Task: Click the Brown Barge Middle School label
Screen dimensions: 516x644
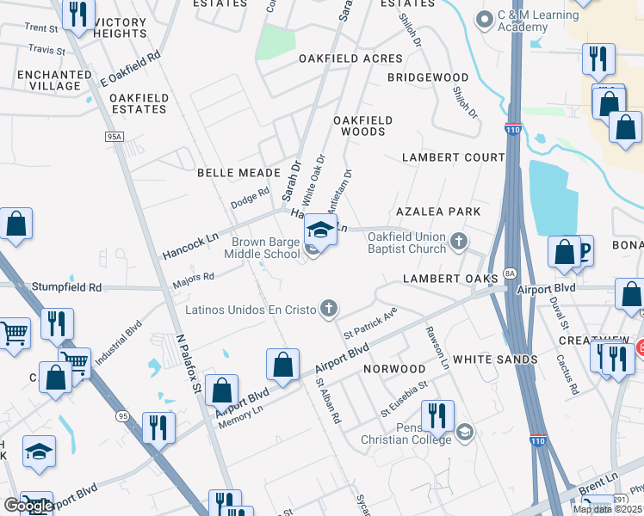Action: pyautogui.click(x=262, y=248)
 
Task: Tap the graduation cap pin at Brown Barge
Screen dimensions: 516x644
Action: pyautogui.click(x=320, y=230)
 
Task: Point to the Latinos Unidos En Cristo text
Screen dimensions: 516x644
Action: pyautogui.click(x=251, y=309)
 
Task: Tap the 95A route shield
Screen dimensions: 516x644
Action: pyautogui.click(x=115, y=137)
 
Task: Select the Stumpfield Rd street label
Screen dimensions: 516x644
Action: pyautogui.click(x=67, y=286)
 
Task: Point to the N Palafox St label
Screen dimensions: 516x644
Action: pyautogui.click(x=189, y=365)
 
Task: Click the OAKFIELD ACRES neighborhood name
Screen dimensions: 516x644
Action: pyautogui.click(x=350, y=58)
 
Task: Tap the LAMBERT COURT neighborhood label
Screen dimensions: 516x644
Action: pyautogui.click(x=454, y=157)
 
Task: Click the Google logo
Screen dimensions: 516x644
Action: pyautogui.click(x=28, y=506)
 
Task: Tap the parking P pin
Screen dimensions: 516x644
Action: pyautogui.click(x=585, y=251)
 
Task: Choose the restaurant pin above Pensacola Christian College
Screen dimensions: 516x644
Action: pyautogui.click(x=437, y=416)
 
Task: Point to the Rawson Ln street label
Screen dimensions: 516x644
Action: pyautogui.click(x=438, y=346)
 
